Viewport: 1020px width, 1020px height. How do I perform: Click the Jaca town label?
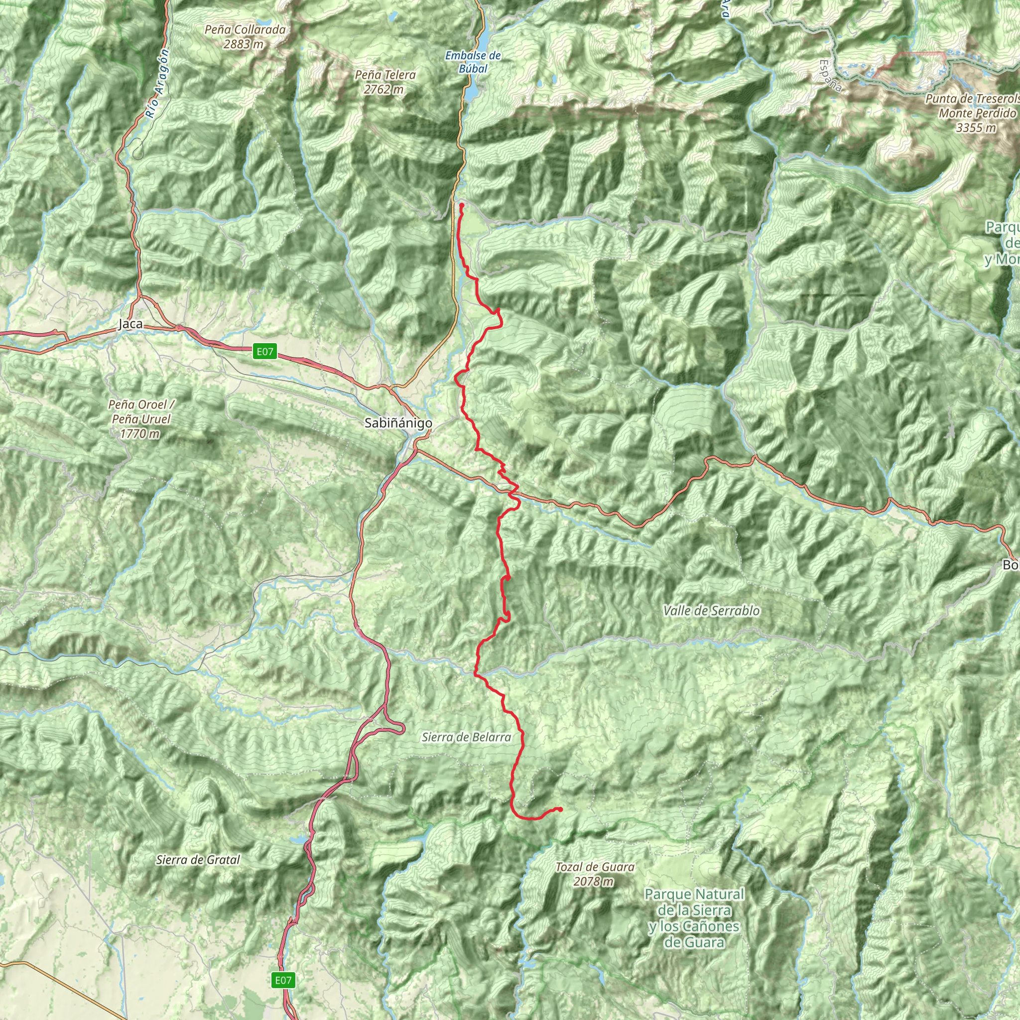coord(130,324)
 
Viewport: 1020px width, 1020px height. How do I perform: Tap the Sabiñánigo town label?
coord(398,423)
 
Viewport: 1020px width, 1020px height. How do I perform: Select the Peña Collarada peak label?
coord(245,30)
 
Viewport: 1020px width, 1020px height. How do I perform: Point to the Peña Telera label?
coord(385,76)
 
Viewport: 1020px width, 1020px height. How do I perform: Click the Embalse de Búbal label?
coord(473,62)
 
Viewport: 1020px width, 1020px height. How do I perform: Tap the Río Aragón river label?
coord(158,83)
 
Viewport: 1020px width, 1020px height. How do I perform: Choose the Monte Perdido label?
coord(977,113)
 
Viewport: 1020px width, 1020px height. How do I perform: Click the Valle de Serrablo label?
coord(711,611)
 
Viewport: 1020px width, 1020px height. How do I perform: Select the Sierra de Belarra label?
coord(466,737)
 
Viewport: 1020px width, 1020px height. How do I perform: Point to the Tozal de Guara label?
coord(595,867)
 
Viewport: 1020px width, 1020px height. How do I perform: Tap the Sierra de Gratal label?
coord(198,860)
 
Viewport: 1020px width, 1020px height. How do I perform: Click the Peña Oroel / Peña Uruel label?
coord(141,412)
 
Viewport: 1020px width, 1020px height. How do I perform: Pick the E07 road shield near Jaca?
coord(265,351)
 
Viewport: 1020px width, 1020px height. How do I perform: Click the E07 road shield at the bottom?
coord(283,980)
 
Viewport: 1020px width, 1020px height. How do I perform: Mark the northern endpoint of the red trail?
coord(461,205)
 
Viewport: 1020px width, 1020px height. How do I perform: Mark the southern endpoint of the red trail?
coord(560,809)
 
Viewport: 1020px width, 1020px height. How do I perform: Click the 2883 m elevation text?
coord(244,44)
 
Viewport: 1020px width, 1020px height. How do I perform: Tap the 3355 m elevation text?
coord(976,128)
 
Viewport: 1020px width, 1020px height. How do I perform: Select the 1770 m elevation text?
coord(140,434)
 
